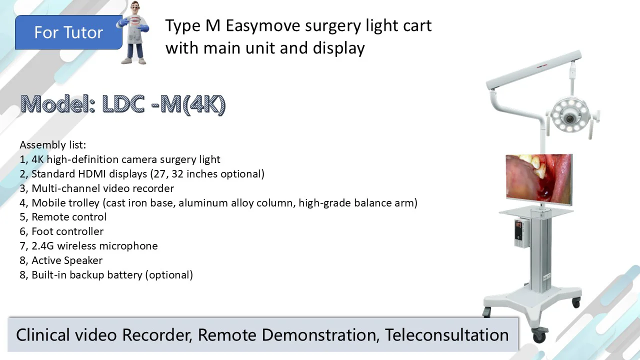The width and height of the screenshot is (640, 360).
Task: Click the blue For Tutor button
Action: point(68,32)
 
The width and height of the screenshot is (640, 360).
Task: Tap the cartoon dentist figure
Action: point(133,32)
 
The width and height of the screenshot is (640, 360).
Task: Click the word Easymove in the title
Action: point(262,26)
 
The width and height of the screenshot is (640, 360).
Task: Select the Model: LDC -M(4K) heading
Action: point(123,104)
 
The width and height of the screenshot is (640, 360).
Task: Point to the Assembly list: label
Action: point(53,145)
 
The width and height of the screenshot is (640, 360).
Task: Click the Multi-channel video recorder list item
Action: point(97,188)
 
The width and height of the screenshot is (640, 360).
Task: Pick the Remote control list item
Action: point(63,217)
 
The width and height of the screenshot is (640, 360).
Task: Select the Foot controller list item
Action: point(61,231)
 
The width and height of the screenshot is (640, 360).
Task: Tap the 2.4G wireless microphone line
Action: point(89,245)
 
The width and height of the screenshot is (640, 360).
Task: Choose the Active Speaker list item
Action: point(61,260)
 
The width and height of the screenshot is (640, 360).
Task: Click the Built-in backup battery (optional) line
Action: point(106,275)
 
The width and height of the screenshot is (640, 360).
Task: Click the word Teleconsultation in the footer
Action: point(447,334)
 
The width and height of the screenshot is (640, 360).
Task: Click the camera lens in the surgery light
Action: point(569,118)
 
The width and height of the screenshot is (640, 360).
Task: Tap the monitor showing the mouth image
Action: point(539,179)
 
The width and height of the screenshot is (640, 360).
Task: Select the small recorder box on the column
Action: point(521,233)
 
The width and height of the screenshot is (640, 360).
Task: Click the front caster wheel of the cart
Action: point(539,335)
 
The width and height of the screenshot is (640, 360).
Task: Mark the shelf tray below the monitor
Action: point(536,211)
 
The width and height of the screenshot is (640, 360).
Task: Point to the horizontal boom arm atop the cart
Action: point(533,69)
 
